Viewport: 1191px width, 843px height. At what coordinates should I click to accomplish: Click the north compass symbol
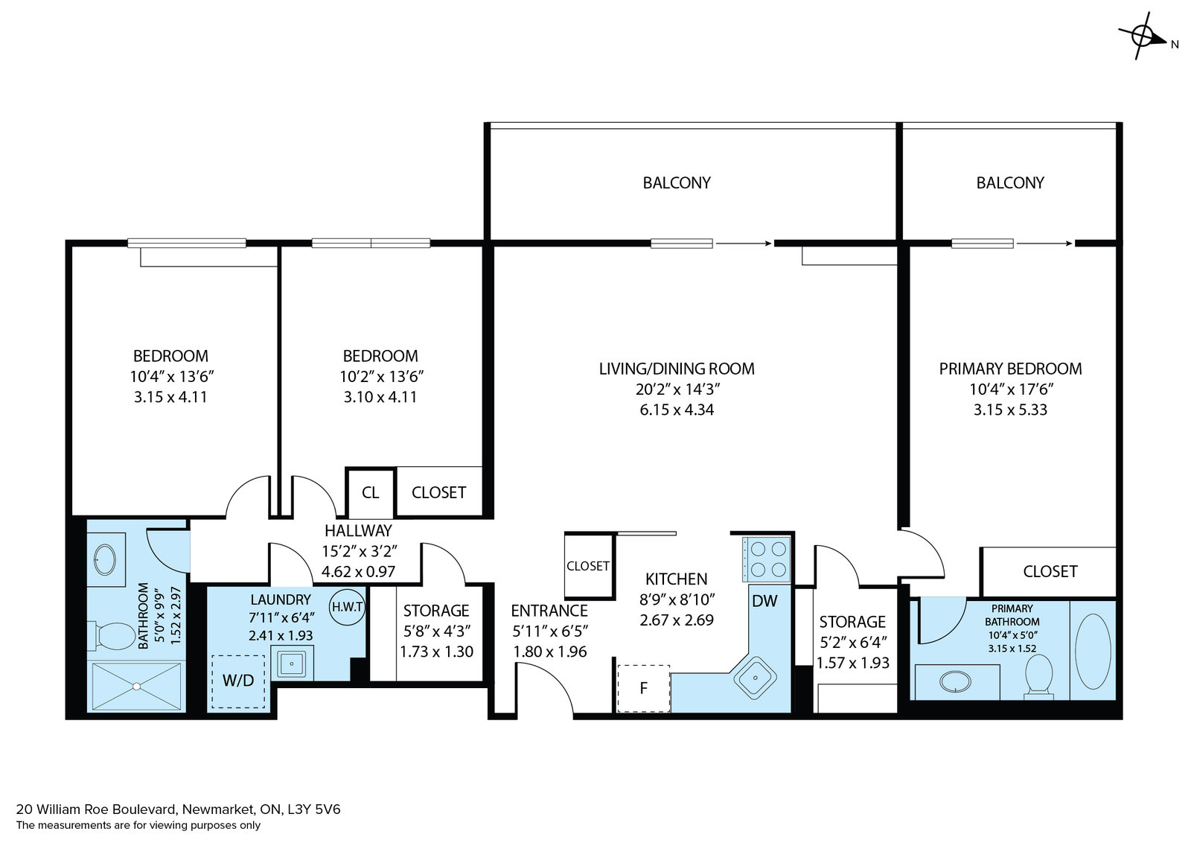(x=1143, y=36)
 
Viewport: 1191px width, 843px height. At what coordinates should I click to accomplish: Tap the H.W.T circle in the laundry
(x=347, y=607)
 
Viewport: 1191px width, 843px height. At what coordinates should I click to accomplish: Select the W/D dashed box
(x=238, y=681)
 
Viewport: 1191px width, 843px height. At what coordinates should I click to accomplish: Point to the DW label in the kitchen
(x=764, y=601)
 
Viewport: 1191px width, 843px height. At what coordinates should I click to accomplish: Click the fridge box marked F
(x=643, y=688)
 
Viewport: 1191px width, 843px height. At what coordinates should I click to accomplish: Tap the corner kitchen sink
(x=755, y=678)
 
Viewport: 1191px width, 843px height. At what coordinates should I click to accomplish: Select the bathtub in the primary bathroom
(x=1093, y=652)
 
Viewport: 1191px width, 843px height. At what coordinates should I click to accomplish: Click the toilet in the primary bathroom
(x=1038, y=676)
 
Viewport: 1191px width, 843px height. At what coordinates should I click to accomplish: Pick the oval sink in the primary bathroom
(x=956, y=681)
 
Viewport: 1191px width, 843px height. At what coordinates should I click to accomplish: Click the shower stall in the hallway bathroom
(x=137, y=686)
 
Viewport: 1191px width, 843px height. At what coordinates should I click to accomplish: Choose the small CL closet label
(x=370, y=492)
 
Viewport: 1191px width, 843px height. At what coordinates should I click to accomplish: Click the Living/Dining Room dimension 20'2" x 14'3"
(x=677, y=389)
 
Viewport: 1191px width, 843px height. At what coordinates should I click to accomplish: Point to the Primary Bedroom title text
(x=1010, y=369)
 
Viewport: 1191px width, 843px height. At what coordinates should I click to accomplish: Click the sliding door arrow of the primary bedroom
(x=1044, y=244)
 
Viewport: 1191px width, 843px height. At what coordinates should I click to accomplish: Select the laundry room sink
(x=292, y=663)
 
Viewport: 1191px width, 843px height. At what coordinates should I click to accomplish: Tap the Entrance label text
(x=549, y=611)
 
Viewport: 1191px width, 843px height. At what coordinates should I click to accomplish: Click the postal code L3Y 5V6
(x=314, y=809)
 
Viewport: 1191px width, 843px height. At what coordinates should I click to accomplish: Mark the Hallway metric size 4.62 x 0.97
(x=358, y=572)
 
